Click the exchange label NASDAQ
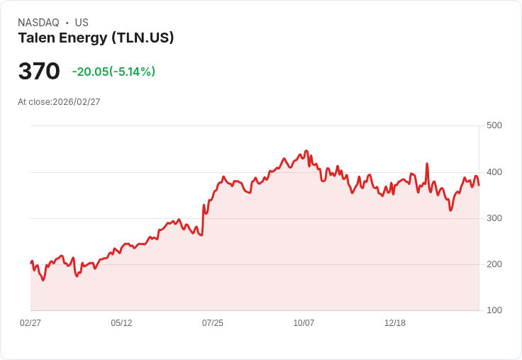pyautogui.click(x=38, y=23)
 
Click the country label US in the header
pyautogui.click(x=82, y=23)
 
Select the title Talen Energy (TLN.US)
pyautogui.click(x=96, y=38)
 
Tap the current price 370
pyautogui.click(x=39, y=72)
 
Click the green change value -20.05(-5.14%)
pyautogui.click(x=113, y=72)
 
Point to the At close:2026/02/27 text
pyautogui.click(x=59, y=102)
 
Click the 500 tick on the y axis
pyautogui.click(x=494, y=125)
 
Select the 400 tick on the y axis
pyautogui.click(x=494, y=172)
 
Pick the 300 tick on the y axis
pyautogui.click(x=494, y=218)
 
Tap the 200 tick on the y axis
pyautogui.click(x=494, y=264)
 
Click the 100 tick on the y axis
pyautogui.click(x=494, y=310)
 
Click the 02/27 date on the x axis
pyautogui.click(x=30, y=323)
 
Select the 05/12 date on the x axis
pyautogui.click(x=121, y=323)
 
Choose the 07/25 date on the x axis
pyautogui.click(x=213, y=323)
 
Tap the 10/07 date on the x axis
pyautogui.click(x=304, y=323)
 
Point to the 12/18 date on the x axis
pyautogui.click(x=395, y=323)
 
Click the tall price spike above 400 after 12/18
pyautogui.click(x=427, y=164)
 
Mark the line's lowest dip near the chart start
pyautogui.click(x=43, y=280)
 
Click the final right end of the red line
pyautogui.click(x=479, y=185)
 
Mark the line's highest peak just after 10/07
pyautogui.click(x=306, y=151)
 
